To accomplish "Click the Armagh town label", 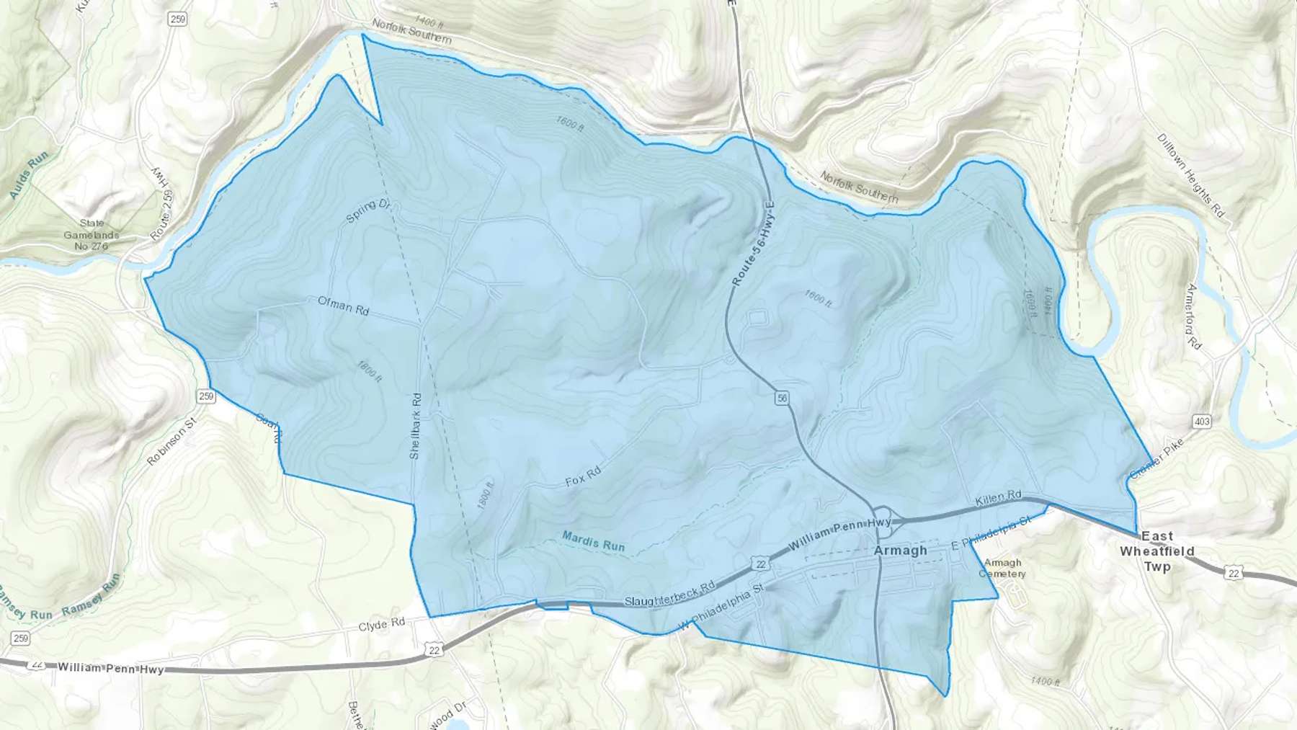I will tap(900, 551).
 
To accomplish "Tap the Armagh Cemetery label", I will tap(1002, 568).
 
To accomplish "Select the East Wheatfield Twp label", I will tap(1156, 551).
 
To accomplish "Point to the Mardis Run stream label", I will tap(593, 541).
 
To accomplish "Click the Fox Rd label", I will tap(583, 477).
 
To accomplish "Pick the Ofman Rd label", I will tap(343, 306).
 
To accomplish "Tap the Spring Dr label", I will tap(367, 210).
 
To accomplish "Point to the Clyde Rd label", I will tap(382, 624).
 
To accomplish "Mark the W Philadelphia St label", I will tap(721, 607).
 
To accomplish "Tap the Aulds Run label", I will tap(29, 175).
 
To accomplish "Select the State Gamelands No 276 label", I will tap(92, 235).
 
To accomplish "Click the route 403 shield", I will tap(1202, 421).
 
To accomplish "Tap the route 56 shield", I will tap(783, 398).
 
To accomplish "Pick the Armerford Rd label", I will tap(1194, 316).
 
